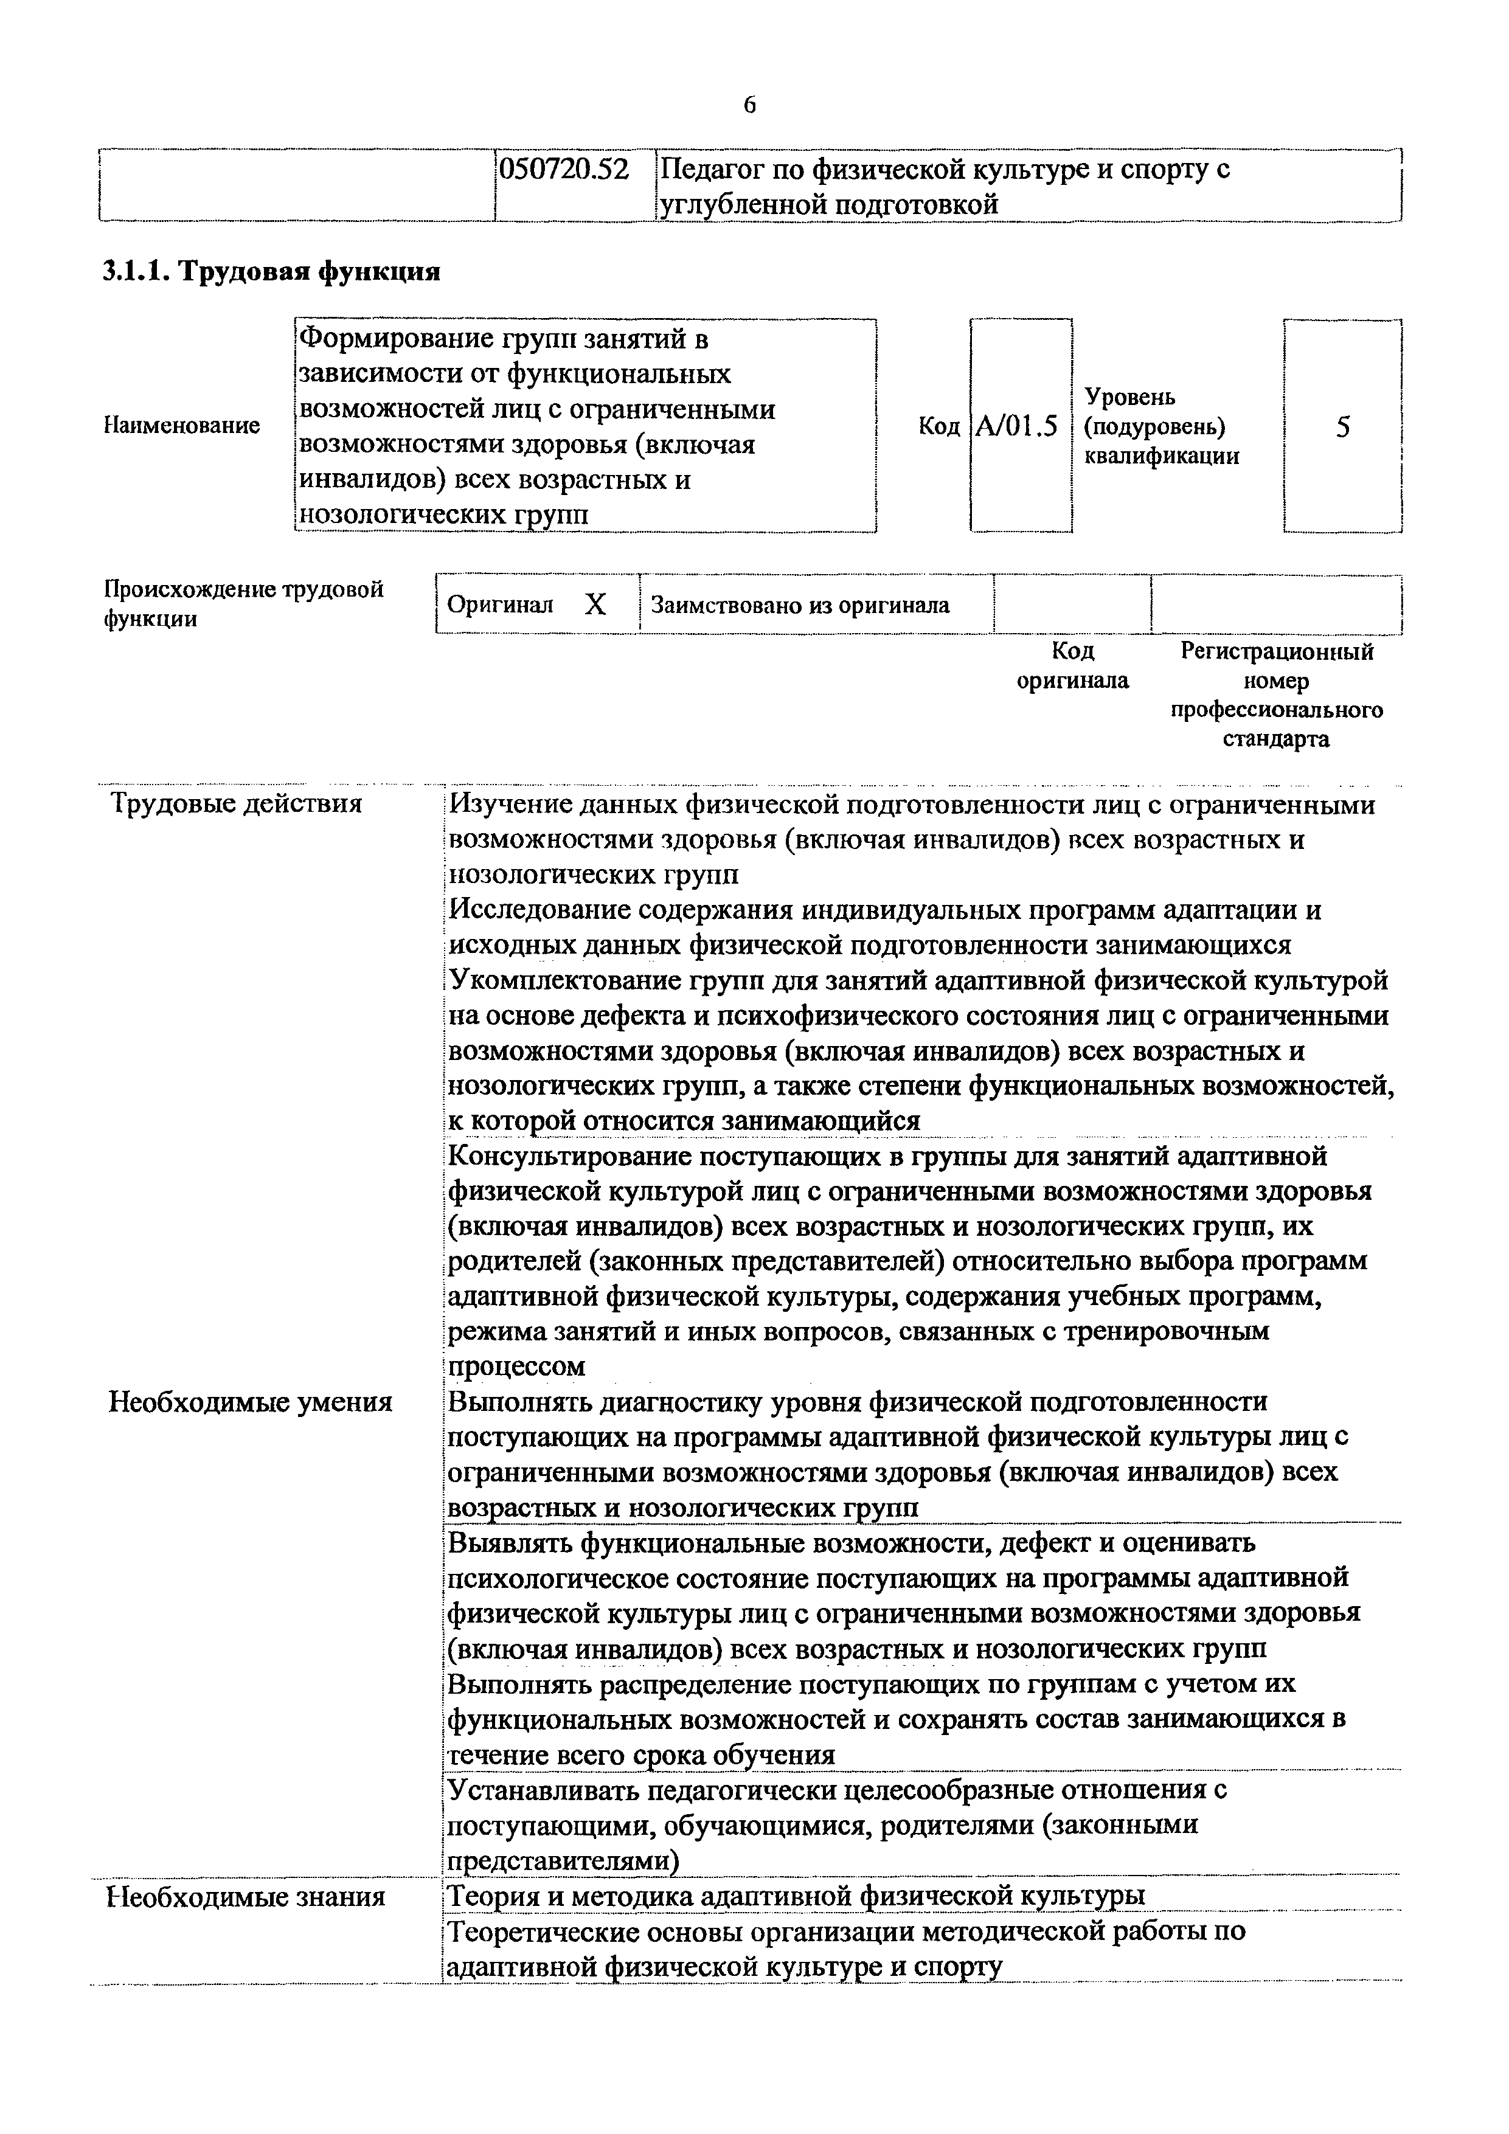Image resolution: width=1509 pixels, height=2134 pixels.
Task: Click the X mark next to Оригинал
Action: point(595,606)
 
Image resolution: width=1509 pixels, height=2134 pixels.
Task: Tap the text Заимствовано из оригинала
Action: point(800,606)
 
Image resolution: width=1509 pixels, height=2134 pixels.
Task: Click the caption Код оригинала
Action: point(1072,665)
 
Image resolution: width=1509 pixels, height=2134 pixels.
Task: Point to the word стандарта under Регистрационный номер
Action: point(1275,740)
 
